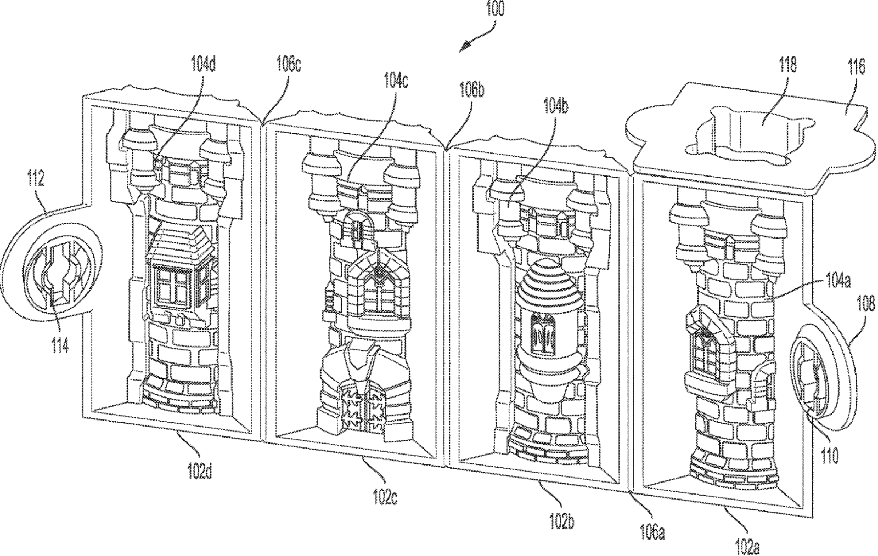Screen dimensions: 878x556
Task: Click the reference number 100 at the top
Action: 495,9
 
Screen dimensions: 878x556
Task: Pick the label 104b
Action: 555,108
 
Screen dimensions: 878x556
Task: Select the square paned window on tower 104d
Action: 171,285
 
